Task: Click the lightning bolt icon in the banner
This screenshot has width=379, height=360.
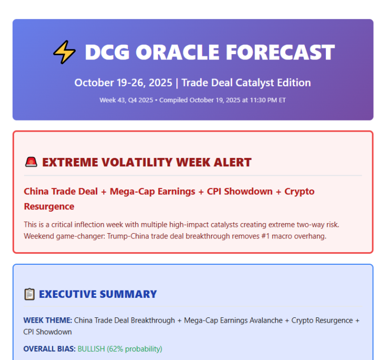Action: coord(64,52)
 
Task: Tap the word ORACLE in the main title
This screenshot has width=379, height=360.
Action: coord(176,52)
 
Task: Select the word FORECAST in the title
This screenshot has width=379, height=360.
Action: coord(281,52)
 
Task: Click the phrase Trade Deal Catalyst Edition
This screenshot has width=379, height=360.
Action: coord(246,83)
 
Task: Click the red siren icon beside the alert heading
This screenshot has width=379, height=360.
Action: coord(31,162)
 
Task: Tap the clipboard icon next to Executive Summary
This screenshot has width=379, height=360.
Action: coord(29,294)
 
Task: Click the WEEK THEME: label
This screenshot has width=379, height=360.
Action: coord(47,321)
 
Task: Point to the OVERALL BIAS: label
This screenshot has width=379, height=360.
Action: coord(49,349)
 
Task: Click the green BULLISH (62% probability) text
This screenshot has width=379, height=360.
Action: coord(120,349)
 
